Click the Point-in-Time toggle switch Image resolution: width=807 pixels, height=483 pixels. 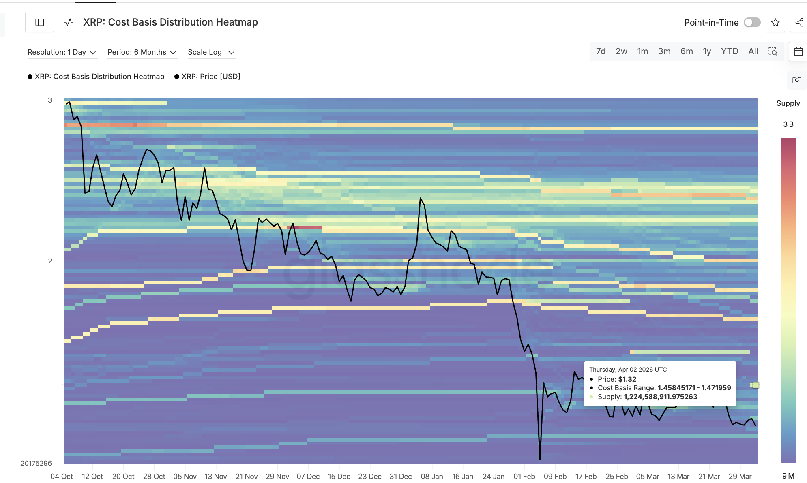(x=752, y=23)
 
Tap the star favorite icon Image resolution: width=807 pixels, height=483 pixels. (x=775, y=23)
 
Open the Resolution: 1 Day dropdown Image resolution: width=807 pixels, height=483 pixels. (x=62, y=52)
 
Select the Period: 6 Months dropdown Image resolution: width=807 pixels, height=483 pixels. (x=142, y=52)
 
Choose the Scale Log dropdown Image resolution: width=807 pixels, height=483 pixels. (x=211, y=52)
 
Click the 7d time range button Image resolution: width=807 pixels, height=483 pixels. (x=601, y=51)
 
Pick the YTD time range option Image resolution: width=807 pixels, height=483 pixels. (x=729, y=51)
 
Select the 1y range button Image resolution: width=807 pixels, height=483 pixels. (x=707, y=51)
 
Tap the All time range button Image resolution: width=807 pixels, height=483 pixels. (x=753, y=51)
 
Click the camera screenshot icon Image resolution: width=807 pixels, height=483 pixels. (x=797, y=80)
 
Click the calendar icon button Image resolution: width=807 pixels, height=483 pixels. (x=798, y=51)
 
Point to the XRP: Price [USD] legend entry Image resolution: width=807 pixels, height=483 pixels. (x=207, y=77)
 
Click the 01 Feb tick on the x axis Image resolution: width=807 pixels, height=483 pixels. (x=524, y=477)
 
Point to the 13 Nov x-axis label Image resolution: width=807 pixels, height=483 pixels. (x=216, y=477)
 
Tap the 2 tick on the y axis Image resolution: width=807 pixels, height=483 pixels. (x=50, y=261)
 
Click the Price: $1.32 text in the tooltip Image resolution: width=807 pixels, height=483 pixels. (x=617, y=379)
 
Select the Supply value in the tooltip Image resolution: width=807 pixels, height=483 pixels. (x=660, y=397)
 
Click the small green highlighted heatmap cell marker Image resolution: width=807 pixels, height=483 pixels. (x=755, y=385)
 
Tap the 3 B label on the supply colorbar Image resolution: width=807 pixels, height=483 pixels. (x=788, y=124)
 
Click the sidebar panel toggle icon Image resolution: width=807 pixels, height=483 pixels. (x=40, y=22)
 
